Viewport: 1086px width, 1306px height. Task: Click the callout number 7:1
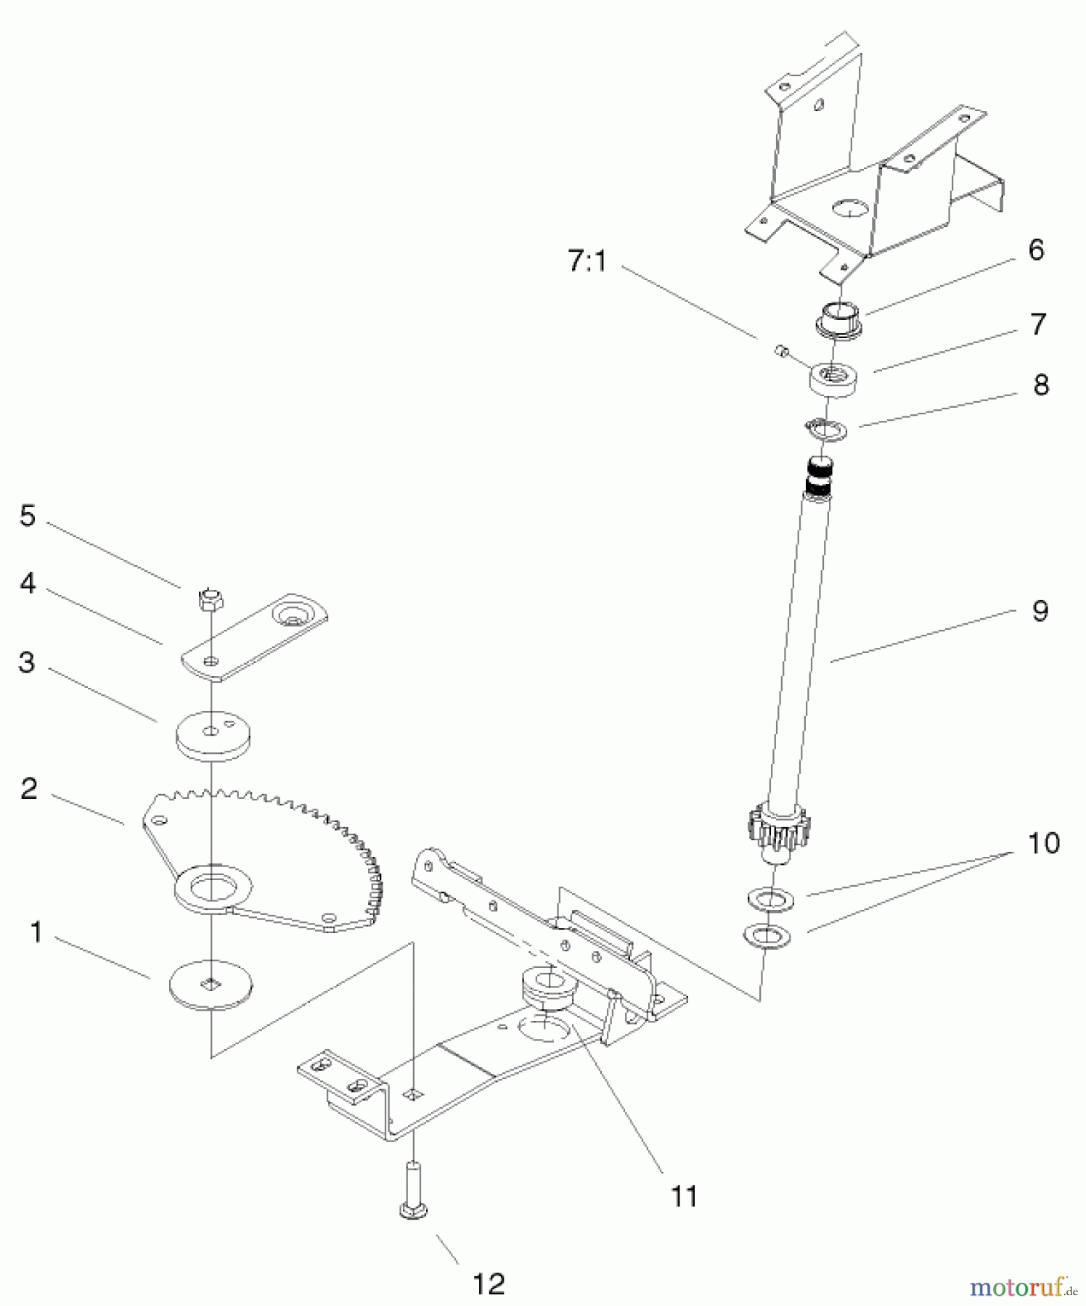(x=587, y=261)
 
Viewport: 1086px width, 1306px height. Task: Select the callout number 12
(x=489, y=1284)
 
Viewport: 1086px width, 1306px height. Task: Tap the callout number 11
(x=683, y=1195)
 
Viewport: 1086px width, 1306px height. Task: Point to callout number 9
(x=1040, y=611)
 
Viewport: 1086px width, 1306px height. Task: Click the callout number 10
(x=1043, y=843)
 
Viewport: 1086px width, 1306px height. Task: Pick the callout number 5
(x=28, y=516)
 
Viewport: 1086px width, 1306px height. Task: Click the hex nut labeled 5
(x=211, y=599)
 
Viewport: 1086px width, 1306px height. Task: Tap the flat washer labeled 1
(x=211, y=985)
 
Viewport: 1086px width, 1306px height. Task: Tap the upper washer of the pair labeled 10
(x=770, y=900)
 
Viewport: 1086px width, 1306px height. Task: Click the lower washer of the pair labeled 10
(x=767, y=936)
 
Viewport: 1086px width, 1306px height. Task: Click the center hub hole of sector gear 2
(x=212, y=886)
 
